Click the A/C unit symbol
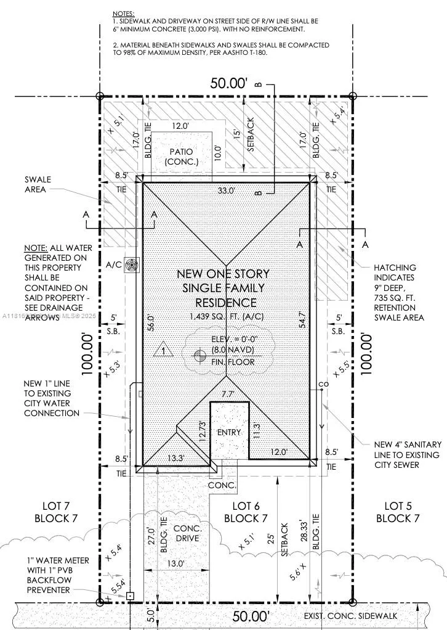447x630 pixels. tap(131, 265)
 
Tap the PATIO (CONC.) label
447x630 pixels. tap(182, 157)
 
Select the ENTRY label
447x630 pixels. tap(229, 432)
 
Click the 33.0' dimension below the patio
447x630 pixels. tap(227, 191)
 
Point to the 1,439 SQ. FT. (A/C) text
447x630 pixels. tap(226, 317)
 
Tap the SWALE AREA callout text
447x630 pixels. tap(38, 184)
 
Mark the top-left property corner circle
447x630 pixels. tap(100, 96)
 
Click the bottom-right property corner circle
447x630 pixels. tap(352, 602)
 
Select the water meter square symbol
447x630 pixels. tap(130, 596)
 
